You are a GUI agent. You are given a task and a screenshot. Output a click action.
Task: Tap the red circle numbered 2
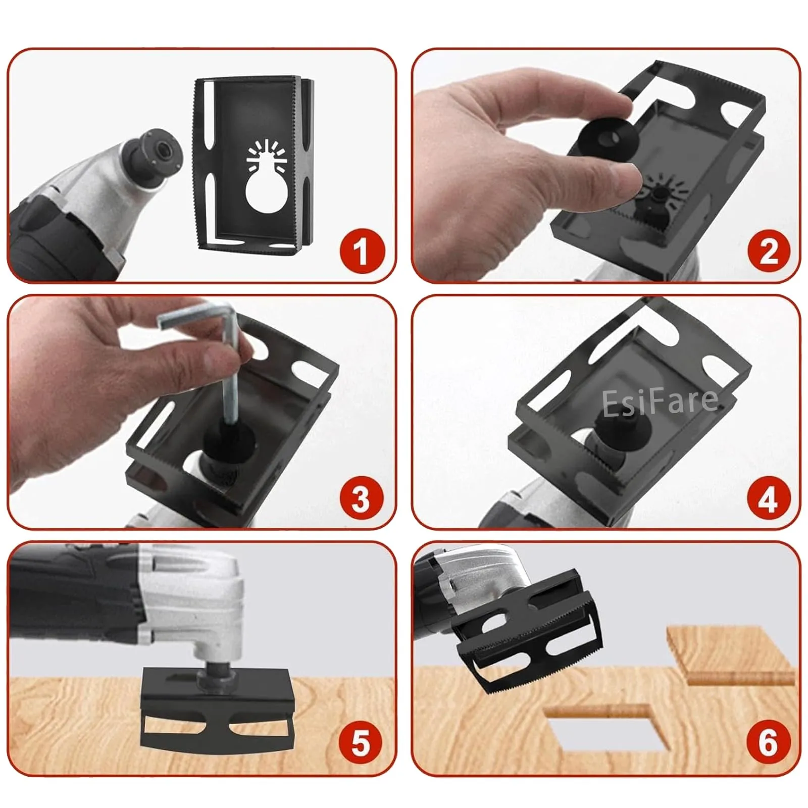click(768, 251)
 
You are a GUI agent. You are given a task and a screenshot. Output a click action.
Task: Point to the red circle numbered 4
click(768, 498)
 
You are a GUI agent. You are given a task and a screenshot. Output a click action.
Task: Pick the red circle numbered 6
click(768, 742)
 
